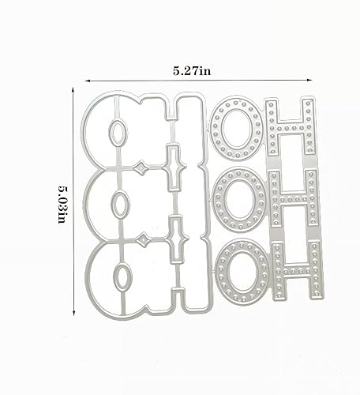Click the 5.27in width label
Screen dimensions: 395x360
pyautogui.click(x=192, y=70)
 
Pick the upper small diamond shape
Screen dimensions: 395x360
pyautogui.click(x=141, y=167)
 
